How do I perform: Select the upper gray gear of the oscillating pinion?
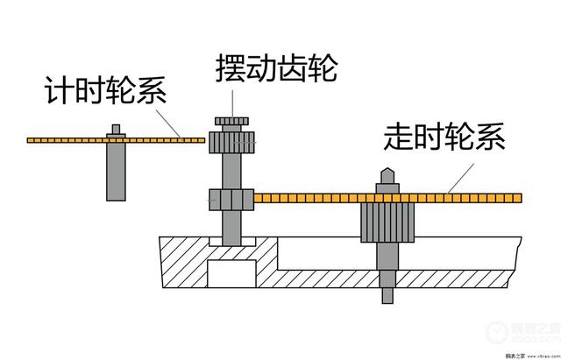pyautogui.click(x=231, y=139)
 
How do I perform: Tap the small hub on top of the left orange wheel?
pyautogui.click(x=116, y=131)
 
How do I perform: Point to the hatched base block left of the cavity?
pyautogui.click(x=184, y=263)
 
